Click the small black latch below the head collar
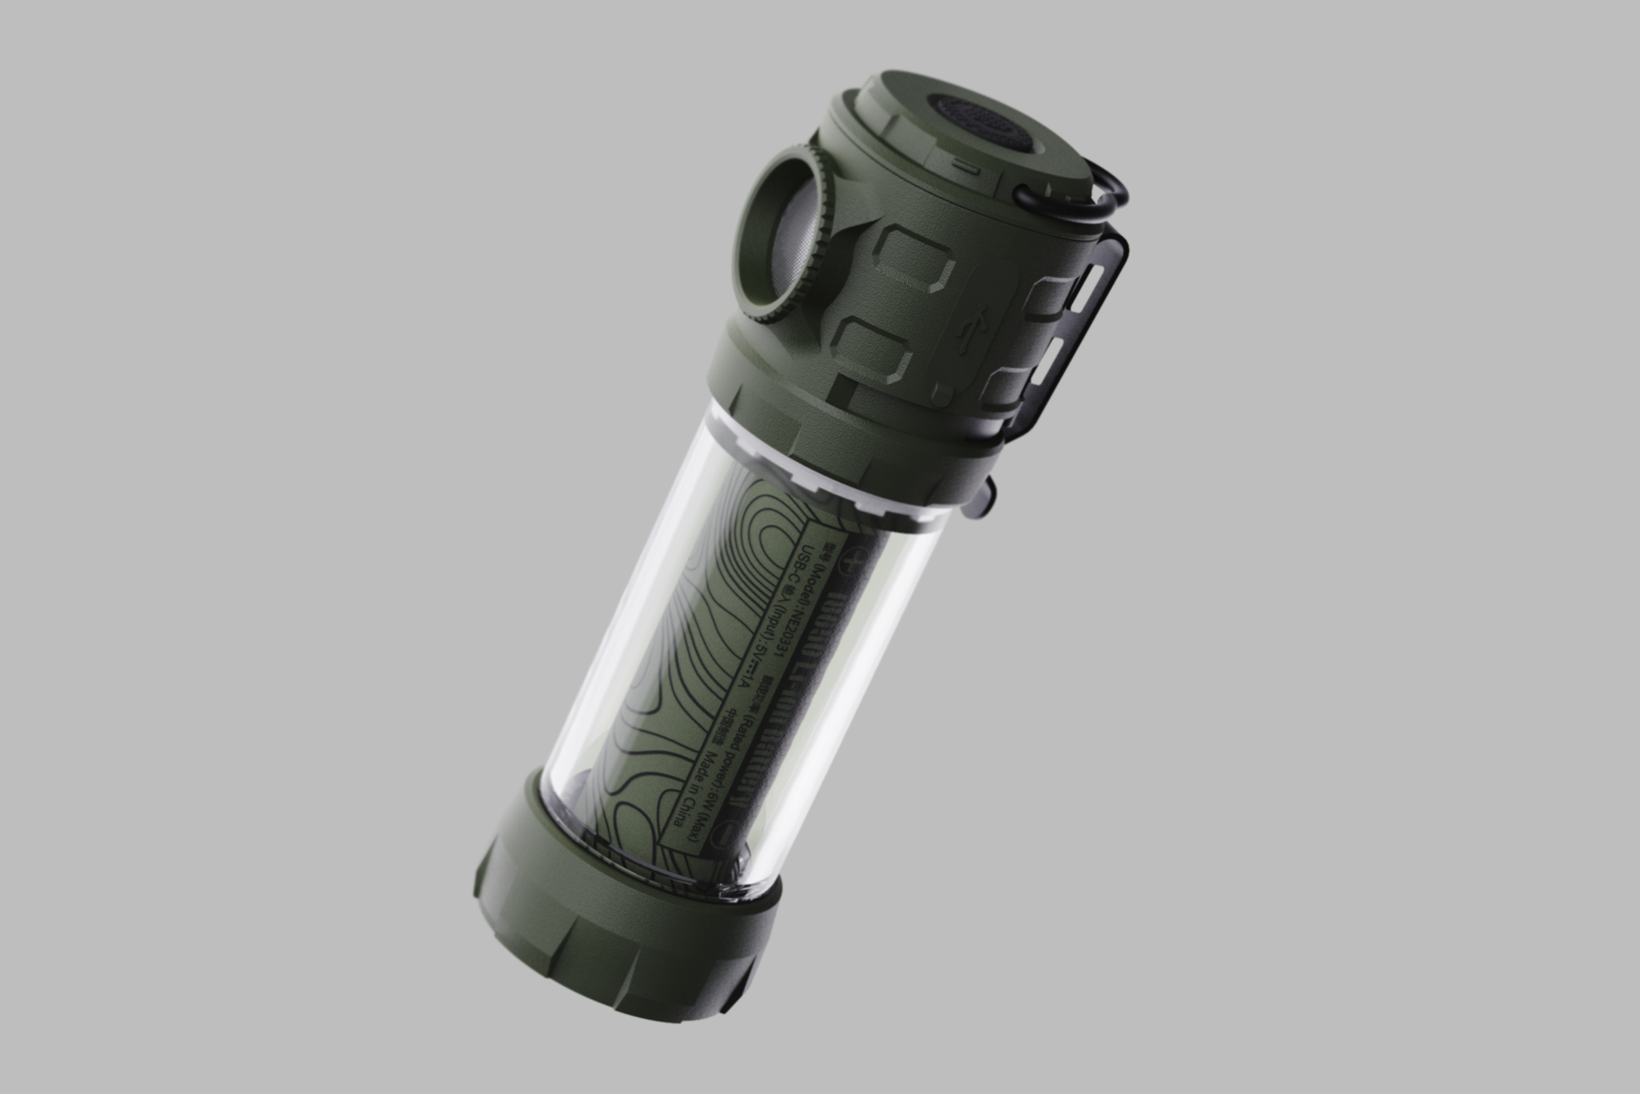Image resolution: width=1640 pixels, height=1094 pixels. [x=980, y=502]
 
